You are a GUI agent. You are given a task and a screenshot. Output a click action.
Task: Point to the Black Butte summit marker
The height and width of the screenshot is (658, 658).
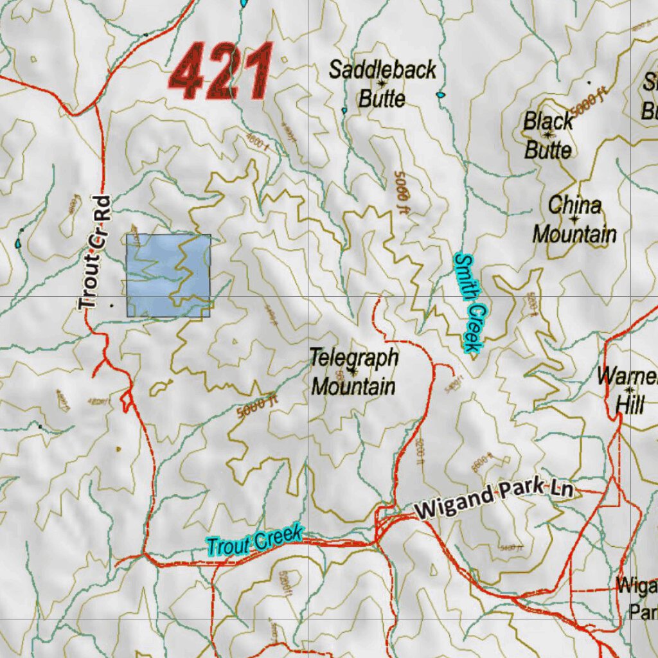tap(548, 135)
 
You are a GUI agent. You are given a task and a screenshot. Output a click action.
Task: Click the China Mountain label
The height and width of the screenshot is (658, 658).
tap(574, 220)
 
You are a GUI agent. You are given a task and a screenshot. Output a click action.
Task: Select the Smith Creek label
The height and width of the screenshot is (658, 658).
tap(468, 303)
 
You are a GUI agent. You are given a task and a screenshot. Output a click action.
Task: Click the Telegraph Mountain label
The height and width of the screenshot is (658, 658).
tap(353, 371)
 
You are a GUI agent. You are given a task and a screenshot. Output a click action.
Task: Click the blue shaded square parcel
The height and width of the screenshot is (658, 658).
tap(168, 276)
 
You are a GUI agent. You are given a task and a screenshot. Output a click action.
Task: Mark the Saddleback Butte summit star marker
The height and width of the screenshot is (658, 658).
tap(382, 84)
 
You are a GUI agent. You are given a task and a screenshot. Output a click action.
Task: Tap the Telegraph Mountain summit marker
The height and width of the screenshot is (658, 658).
tap(353, 371)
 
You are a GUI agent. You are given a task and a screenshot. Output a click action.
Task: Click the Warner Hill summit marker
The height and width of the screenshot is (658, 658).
tap(629, 390)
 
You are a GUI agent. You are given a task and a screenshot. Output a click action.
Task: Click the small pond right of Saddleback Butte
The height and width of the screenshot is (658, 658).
tap(440, 95)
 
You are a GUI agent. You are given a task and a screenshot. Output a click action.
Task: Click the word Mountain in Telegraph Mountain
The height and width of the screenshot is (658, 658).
tap(353, 387)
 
